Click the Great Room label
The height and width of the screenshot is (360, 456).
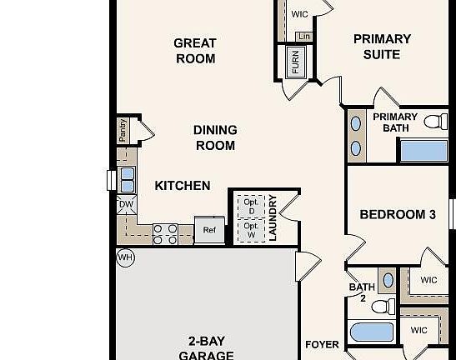pyautogui.click(x=195, y=51)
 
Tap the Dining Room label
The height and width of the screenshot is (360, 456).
pyautogui.click(x=215, y=137)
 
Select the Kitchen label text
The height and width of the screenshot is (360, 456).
pyautogui.click(x=183, y=185)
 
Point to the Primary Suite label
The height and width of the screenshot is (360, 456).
pyautogui.click(x=382, y=47)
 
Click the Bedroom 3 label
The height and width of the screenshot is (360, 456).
pyautogui.click(x=398, y=214)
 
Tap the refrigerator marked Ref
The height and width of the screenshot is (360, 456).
pyautogui.click(x=209, y=230)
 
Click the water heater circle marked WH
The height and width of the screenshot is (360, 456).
pyautogui.click(x=125, y=257)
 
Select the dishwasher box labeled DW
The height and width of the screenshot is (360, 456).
pyautogui.click(x=126, y=204)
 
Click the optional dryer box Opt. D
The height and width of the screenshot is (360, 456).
pyautogui.click(x=250, y=205)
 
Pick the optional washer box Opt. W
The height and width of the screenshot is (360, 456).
pyautogui.click(x=250, y=229)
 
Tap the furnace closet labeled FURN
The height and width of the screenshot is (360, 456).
pyautogui.click(x=295, y=61)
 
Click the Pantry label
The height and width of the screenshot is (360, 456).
pyautogui.click(x=123, y=132)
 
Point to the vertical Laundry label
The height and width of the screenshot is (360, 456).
pyautogui.click(x=272, y=217)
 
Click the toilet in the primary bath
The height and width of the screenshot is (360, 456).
pyautogui.click(x=435, y=122)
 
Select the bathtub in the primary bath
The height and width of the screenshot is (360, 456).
pyautogui.click(x=423, y=151)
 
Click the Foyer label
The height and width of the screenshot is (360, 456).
pyautogui.click(x=322, y=344)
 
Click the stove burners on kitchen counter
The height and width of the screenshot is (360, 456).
pyautogui.click(x=165, y=233)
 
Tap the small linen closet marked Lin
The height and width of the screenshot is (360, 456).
pyautogui.click(x=303, y=37)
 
